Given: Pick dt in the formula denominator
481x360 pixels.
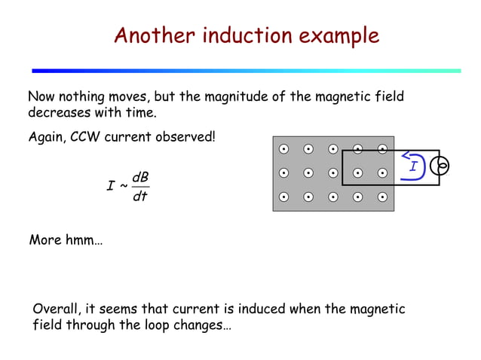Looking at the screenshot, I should [139, 197].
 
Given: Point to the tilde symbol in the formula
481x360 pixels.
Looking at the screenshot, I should [124, 185].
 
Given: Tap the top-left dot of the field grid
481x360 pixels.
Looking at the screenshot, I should [283, 148].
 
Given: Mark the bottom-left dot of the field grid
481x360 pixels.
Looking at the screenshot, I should [283, 198].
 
